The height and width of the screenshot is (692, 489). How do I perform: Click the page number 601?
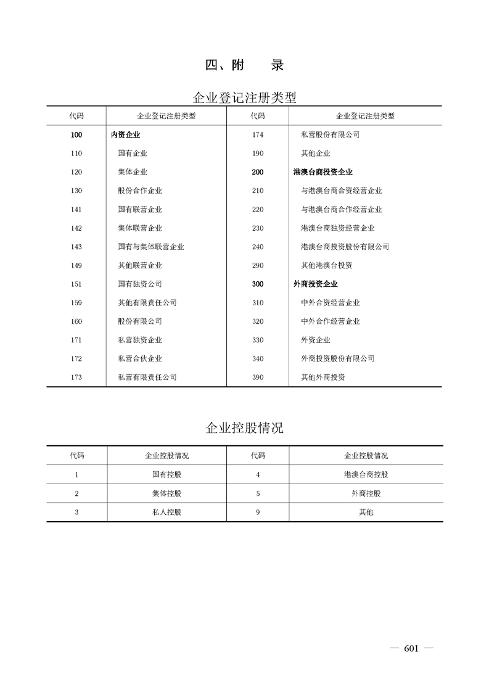click(x=411, y=648)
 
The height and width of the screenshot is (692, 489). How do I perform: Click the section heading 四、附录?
click(x=244, y=65)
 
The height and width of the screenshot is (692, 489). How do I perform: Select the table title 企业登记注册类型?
click(x=244, y=97)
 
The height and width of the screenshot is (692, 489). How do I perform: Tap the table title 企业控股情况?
click(x=244, y=428)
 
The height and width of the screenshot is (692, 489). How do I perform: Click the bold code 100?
click(x=76, y=135)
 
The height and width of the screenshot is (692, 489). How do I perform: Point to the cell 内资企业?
click(x=125, y=135)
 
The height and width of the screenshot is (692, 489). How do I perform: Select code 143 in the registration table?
click(x=76, y=247)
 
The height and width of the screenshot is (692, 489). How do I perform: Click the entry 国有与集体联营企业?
click(x=151, y=247)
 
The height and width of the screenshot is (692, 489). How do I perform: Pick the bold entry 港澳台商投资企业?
click(x=323, y=173)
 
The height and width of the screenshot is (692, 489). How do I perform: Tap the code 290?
click(x=258, y=266)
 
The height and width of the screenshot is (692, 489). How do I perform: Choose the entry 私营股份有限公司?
click(x=330, y=135)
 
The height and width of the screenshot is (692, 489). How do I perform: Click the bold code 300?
click(x=258, y=284)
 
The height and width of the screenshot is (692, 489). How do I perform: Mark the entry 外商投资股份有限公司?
click(x=337, y=359)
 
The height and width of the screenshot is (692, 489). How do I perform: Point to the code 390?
click(x=258, y=377)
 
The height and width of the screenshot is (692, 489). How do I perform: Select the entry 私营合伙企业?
click(x=140, y=359)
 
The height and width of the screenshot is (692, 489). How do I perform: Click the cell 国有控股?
click(x=166, y=475)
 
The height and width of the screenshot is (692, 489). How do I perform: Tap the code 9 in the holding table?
click(x=258, y=513)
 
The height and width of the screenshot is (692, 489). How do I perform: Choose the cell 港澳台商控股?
click(x=366, y=475)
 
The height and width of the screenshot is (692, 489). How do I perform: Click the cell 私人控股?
click(x=166, y=513)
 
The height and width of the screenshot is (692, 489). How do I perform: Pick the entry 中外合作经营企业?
click(x=330, y=321)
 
